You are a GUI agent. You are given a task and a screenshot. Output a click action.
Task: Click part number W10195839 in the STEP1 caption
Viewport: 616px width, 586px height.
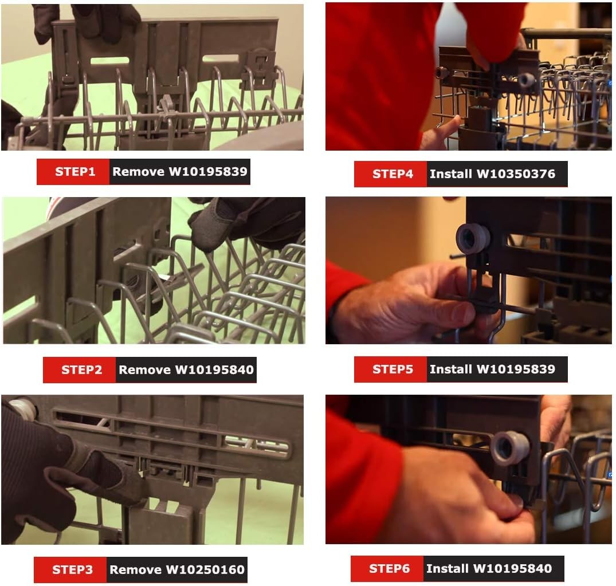[x=208, y=172]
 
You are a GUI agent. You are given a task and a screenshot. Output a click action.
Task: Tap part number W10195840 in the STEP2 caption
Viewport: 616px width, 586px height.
[x=214, y=369]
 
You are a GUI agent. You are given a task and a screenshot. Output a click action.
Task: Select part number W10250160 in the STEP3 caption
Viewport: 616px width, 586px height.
[x=205, y=569]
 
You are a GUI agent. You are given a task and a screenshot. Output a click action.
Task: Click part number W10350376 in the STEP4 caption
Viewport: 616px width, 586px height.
[x=516, y=174]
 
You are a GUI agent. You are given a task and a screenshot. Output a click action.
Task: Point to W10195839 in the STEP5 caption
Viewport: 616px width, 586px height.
[x=516, y=369]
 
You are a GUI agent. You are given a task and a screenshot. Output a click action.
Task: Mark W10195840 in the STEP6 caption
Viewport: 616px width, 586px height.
[x=512, y=568]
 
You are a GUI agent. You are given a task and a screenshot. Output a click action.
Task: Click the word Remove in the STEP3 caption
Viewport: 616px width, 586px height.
[x=136, y=569]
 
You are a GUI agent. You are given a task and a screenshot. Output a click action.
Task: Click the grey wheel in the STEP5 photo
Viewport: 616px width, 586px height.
[x=473, y=239]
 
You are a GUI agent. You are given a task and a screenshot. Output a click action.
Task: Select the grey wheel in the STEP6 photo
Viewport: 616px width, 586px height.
[x=509, y=448]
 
